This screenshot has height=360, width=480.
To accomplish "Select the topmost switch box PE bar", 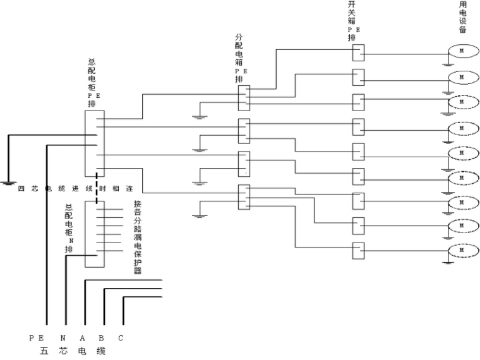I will pyautogui.click(x=358, y=52).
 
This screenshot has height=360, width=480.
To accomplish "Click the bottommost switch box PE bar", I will pyautogui.click(x=358, y=251).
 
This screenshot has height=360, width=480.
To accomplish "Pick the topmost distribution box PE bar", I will pyautogui.click(x=244, y=99).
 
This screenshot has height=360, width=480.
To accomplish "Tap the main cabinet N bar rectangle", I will pyautogui.click(x=94, y=234).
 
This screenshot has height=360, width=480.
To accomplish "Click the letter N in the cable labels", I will pyautogui.click(x=63, y=338).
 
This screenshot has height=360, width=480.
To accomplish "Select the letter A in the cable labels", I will pyautogui.click(x=82, y=338).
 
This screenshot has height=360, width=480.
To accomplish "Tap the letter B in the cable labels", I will pyautogui.click(x=101, y=338).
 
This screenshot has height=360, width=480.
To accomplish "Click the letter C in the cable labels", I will pyautogui.click(x=121, y=338).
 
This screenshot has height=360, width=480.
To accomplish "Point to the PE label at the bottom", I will pyautogui.click(x=37, y=338).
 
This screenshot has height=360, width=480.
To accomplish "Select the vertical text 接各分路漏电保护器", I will pyautogui.click(x=137, y=237).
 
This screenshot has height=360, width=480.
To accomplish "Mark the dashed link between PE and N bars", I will pyautogui.click(x=97, y=188).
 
